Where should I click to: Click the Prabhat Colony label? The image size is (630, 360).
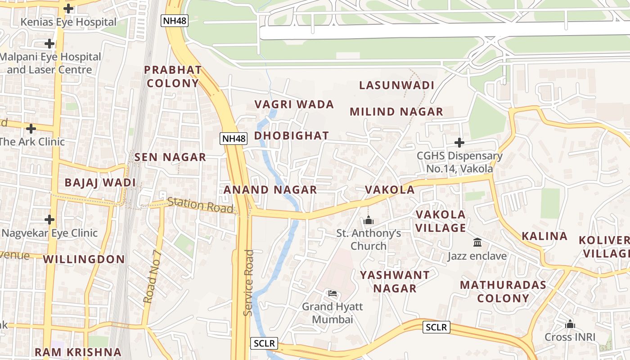click(173, 76)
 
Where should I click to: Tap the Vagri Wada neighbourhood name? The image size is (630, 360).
click(294, 104)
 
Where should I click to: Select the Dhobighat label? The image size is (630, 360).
click(292, 135)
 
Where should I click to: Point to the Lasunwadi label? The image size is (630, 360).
click(396, 85)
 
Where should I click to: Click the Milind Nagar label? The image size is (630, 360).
click(396, 112)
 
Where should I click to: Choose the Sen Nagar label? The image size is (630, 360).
click(170, 157)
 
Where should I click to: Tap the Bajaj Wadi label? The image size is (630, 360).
click(100, 182)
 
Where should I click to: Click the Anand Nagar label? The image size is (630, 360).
click(270, 189)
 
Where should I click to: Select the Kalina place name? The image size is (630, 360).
click(544, 236)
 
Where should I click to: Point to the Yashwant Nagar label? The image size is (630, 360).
click(395, 281)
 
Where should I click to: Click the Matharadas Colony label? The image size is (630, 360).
click(503, 291)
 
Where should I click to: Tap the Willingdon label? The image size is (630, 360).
click(84, 259)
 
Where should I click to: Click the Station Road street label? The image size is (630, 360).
click(201, 205)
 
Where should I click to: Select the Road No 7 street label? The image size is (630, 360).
click(152, 275)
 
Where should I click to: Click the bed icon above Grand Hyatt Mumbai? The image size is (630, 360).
click(332, 293)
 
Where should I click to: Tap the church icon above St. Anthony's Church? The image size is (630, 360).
click(369, 220)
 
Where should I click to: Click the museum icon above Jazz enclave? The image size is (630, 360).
click(477, 243)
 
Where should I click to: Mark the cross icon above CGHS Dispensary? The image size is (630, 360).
click(459, 143)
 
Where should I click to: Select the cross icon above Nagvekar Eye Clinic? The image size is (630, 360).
click(49, 220)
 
